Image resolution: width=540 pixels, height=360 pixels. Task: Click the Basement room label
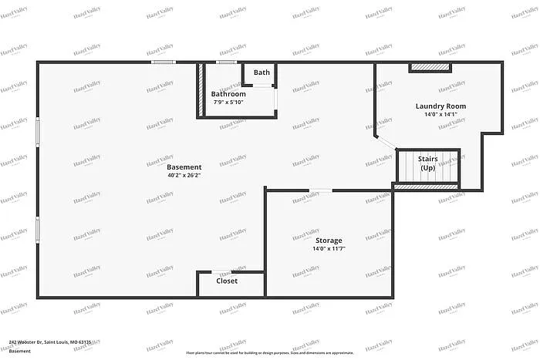(x=184, y=167)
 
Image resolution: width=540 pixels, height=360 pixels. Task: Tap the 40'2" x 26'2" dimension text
(x=184, y=175)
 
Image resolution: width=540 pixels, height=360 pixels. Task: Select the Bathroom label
(x=228, y=94)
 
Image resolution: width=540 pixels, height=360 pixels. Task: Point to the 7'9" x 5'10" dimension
(x=228, y=102)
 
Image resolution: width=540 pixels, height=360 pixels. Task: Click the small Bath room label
(x=262, y=73)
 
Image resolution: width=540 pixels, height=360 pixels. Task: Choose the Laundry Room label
(x=440, y=106)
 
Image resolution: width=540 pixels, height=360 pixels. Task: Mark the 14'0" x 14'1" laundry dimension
(x=440, y=115)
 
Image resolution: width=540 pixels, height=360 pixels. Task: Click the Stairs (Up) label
(x=428, y=163)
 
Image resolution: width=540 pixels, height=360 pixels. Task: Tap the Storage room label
(x=329, y=241)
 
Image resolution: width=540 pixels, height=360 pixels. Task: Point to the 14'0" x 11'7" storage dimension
(x=329, y=249)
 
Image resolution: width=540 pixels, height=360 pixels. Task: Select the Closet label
(x=227, y=281)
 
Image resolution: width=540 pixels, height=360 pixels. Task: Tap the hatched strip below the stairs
(x=426, y=186)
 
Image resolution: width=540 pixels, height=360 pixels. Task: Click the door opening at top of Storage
(x=321, y=190)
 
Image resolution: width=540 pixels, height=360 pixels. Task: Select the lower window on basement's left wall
(x=37, y=229)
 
